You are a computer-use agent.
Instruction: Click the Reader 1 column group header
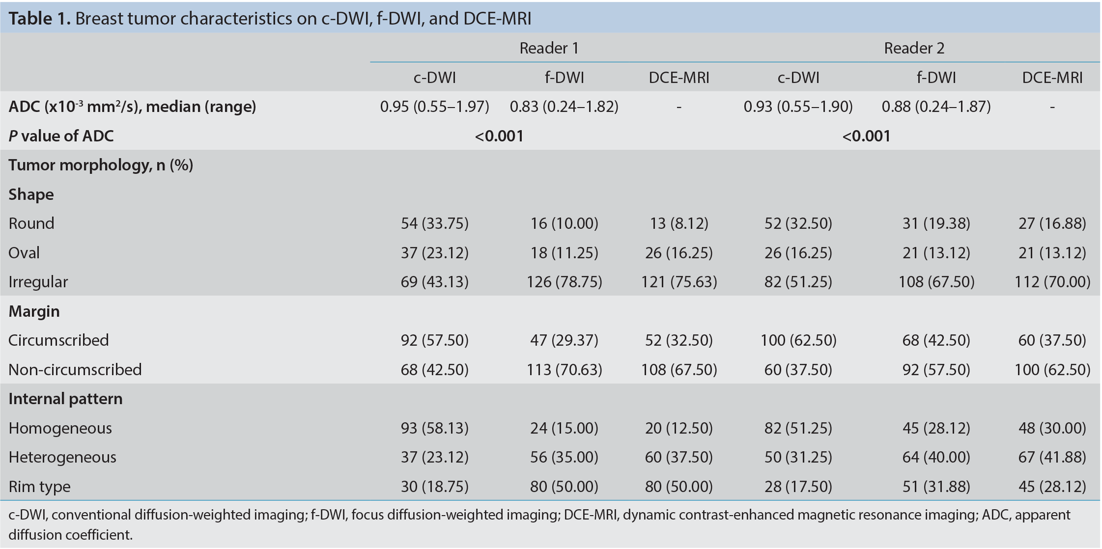[549, 48]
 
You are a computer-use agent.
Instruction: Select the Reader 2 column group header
[914, 48]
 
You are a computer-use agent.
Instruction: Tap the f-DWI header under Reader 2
[936, 78]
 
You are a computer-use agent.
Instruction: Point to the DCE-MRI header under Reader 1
[679, 78]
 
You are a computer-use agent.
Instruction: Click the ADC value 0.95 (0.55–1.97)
[435, 107]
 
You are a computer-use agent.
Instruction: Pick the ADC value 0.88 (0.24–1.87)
[936, 107]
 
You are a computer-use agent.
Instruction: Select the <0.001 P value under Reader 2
[866, 136]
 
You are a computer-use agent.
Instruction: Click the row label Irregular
[38, 282]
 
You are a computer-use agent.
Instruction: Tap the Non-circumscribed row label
[75, 369]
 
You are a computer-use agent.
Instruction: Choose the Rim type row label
[39, 487]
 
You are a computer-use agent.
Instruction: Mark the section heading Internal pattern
[65, 399]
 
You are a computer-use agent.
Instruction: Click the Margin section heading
[34, 311]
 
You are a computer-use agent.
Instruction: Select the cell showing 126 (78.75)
[565, 282]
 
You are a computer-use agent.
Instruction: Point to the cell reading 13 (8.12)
[679, 223]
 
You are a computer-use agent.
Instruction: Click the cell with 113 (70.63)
[565, 369]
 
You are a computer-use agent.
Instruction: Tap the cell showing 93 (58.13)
[435, 428]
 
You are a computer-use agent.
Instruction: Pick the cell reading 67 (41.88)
[1052, 457]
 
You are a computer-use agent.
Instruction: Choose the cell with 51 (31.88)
[936, 487]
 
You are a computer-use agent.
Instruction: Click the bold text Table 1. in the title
[40, 19]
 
